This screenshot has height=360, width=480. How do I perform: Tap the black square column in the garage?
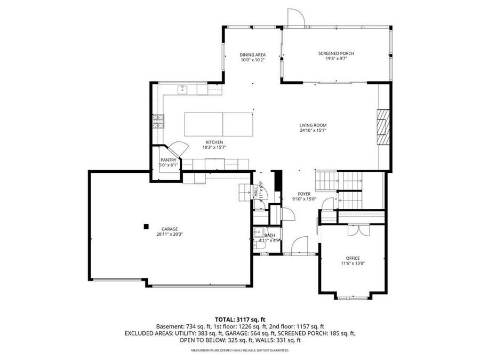146,226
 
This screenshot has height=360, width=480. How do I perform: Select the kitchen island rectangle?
218,124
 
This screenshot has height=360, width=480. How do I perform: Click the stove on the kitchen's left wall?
158,123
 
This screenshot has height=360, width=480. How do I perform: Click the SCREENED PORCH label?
336,53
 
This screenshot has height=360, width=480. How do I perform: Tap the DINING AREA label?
252,55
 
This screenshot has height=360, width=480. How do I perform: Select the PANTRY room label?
169,159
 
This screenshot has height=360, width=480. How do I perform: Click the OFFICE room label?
353,258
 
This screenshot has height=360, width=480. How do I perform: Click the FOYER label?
304,194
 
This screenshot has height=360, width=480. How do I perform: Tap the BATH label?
270,235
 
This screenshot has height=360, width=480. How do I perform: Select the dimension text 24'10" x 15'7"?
313,130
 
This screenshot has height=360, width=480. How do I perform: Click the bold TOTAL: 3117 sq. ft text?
240,319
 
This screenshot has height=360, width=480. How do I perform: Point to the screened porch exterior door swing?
295,17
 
